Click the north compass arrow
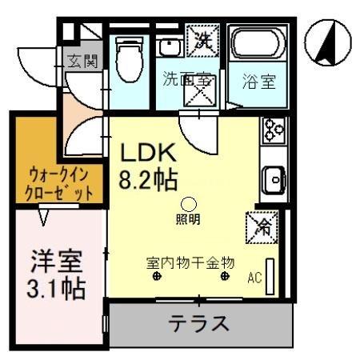tap(330, 45)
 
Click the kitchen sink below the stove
tap(274, 178)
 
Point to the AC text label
tap(254, 278)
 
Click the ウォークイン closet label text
tap(60, 173)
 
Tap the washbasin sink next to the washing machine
tap(170, 46)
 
